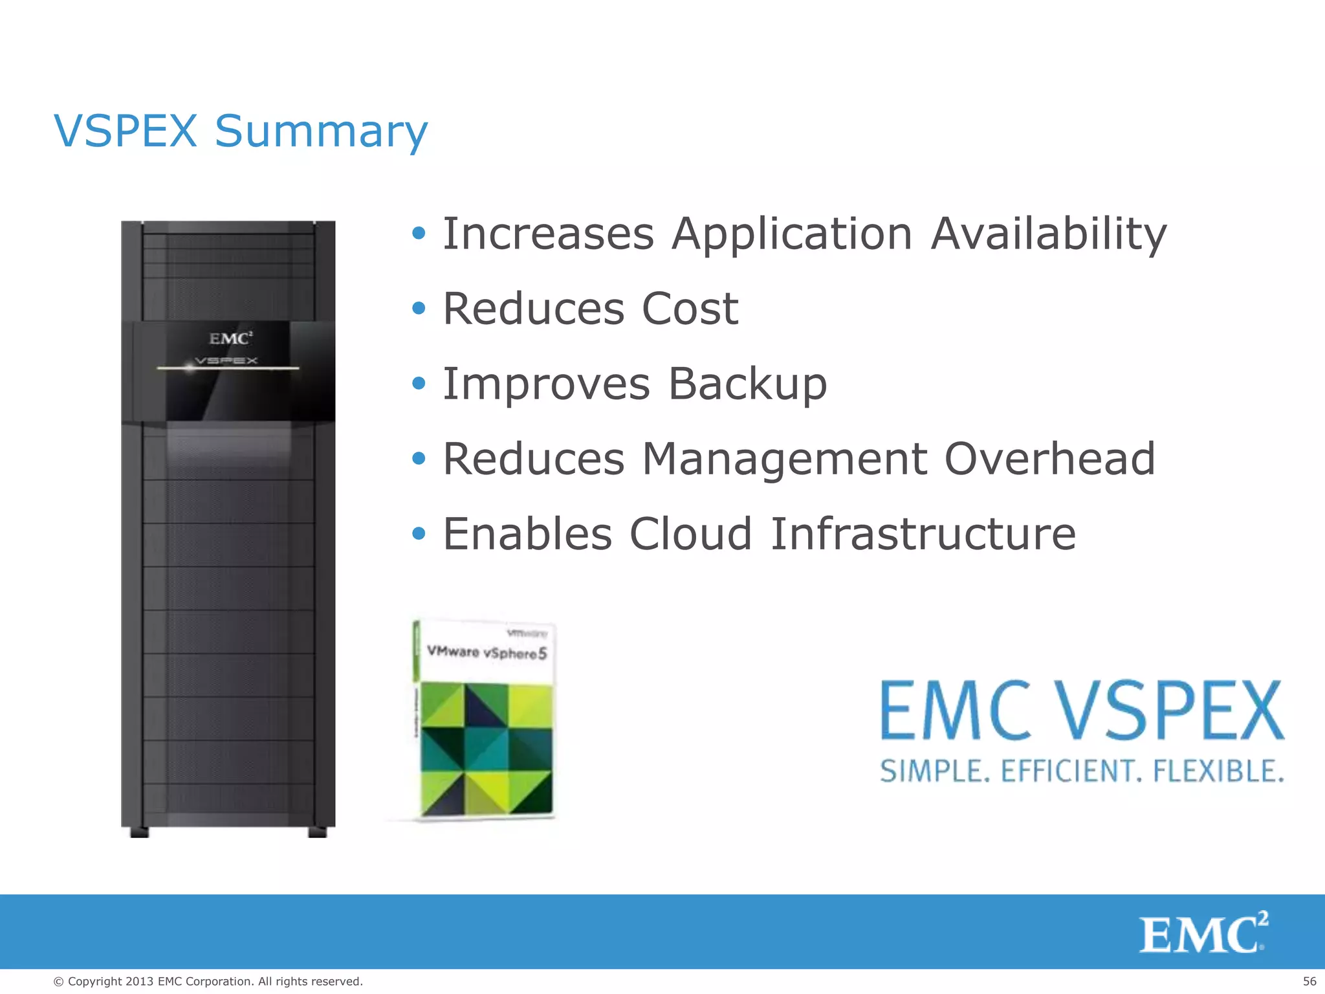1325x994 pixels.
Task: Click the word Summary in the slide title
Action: coord(321,131)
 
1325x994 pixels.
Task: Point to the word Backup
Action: coord(747,384)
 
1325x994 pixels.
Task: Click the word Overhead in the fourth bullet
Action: coord(1049,459)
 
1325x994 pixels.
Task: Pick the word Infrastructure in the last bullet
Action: coord(923,534)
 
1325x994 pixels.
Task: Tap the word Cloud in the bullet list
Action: coord(690,534)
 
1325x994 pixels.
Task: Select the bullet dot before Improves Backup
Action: coord(419,384)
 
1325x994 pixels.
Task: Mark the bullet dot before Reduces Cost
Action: coord(419,309)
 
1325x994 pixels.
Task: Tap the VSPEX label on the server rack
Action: coord(226,360)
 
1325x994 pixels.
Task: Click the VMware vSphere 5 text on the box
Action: coord(487,652)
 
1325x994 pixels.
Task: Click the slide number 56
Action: coord(1309,981)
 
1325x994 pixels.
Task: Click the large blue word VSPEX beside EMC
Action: coord(1170,711)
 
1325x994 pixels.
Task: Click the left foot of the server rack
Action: coord(139,832)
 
